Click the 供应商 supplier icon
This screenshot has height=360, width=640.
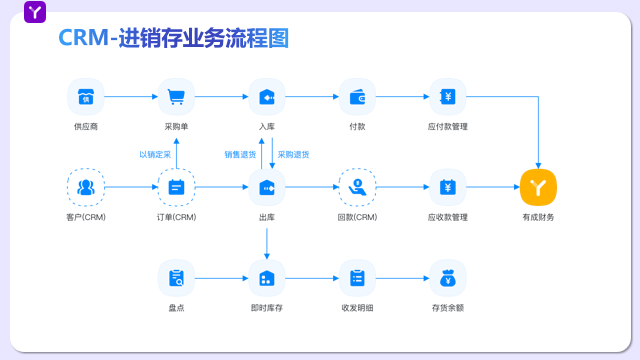[86, 97]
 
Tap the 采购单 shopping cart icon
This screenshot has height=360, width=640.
[177, 97]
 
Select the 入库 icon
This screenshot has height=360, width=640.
[267, 97]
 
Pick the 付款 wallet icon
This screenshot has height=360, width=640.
[357, 97]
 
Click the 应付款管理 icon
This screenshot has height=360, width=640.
[448, 97]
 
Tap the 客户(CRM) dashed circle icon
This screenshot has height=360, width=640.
[86, 187]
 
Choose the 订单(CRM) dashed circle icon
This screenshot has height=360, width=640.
[177, 187]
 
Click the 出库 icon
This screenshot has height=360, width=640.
[267, 187]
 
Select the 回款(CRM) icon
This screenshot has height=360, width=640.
[357, 187]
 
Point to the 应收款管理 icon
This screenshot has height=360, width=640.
[448, 187]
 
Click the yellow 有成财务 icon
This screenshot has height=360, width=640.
[538, 187]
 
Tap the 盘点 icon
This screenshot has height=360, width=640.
[177, 277]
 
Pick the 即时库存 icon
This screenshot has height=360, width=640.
[267, 277]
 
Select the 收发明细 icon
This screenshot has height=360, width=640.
[357, 277]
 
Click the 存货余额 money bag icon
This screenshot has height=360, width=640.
[448, 277]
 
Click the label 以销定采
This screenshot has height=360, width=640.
[155, 154]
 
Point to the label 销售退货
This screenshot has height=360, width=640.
[240, 154]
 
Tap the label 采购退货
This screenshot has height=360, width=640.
[293, 154]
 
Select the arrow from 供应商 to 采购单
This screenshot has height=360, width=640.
[132, 97]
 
